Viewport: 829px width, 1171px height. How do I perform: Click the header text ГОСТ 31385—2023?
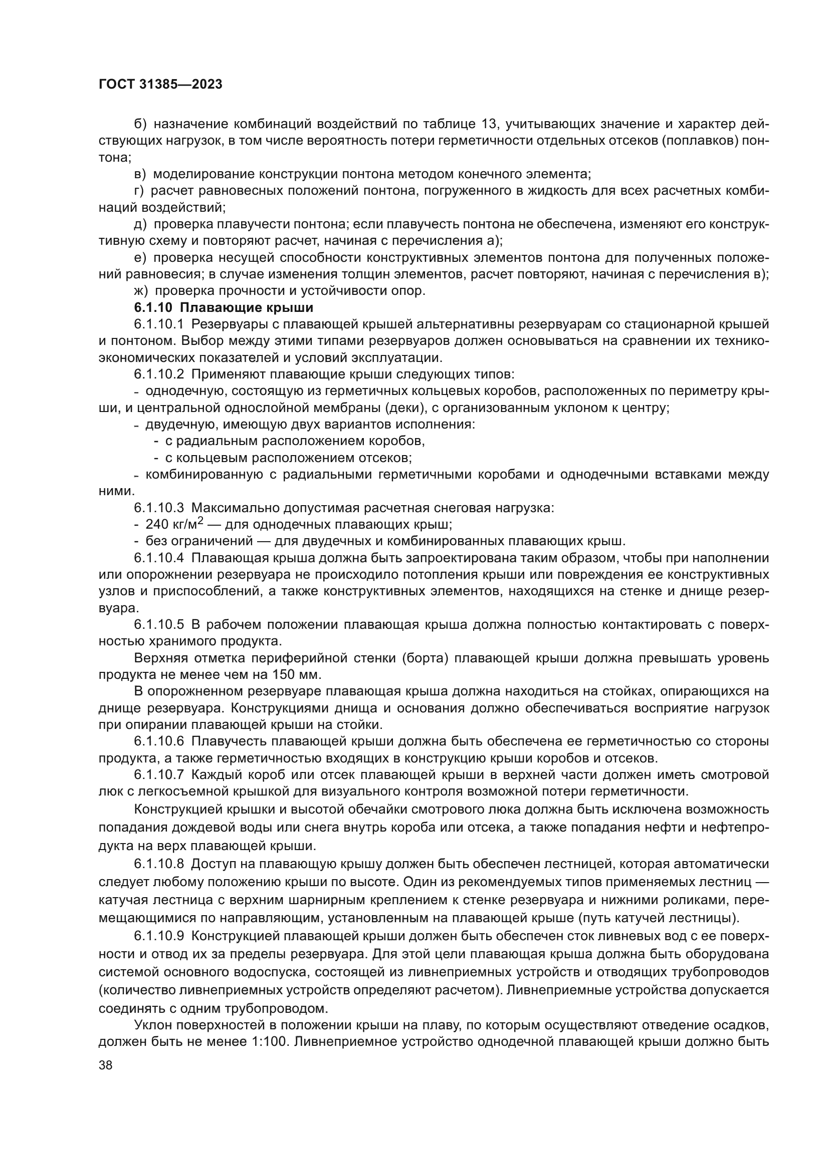click(160, 85)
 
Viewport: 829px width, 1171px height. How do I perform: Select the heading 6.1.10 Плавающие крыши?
click(224, 307)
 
